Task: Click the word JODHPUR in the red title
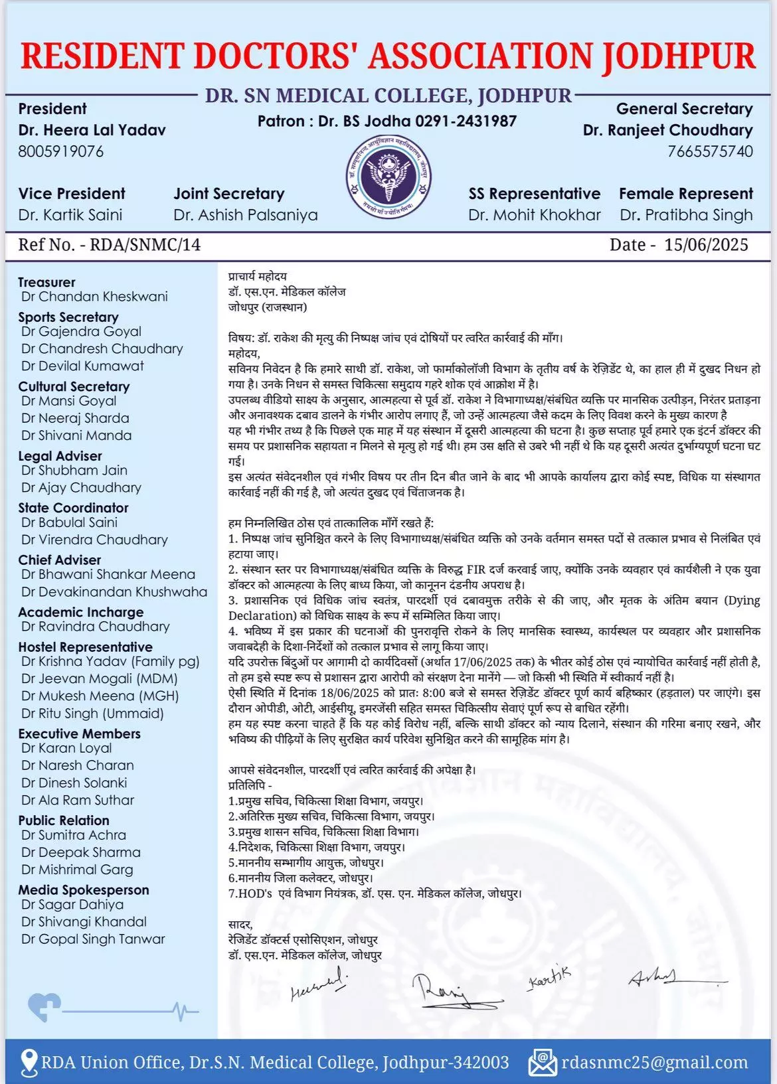pyautogui.click(x=679, y=56)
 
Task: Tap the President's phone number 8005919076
pyautogui.click(x=61, y=151)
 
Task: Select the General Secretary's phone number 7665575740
pyautogui.click(x=710, y=151)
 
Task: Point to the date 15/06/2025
pyautogui.click(x=706, y=245)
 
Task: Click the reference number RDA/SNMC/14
pyautogui.click(x=145, y=245)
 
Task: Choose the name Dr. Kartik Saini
pyautogui.click(x=70, y=215)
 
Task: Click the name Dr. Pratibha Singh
pyautogui.click(x=686, y=215)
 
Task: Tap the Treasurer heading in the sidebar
pyautogui.click(x=46, y=282)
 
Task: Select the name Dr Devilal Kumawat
pyautogui.click(x=82, y=366)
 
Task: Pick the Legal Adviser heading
pyautogui.click(x=60, y=456)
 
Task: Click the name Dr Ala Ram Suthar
pyautogui.click(x=78, y=800)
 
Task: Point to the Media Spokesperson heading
pyautogui.click(x=84, y=890)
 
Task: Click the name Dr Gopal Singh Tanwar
pyautogui.click(x=93, y=939)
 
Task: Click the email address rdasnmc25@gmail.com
pyautogui.click(x=654, y=1063)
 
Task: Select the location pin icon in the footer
pyautogui.click(x=29, y=1063)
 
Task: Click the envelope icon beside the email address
pyautogui.click(x=542, y=1063)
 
